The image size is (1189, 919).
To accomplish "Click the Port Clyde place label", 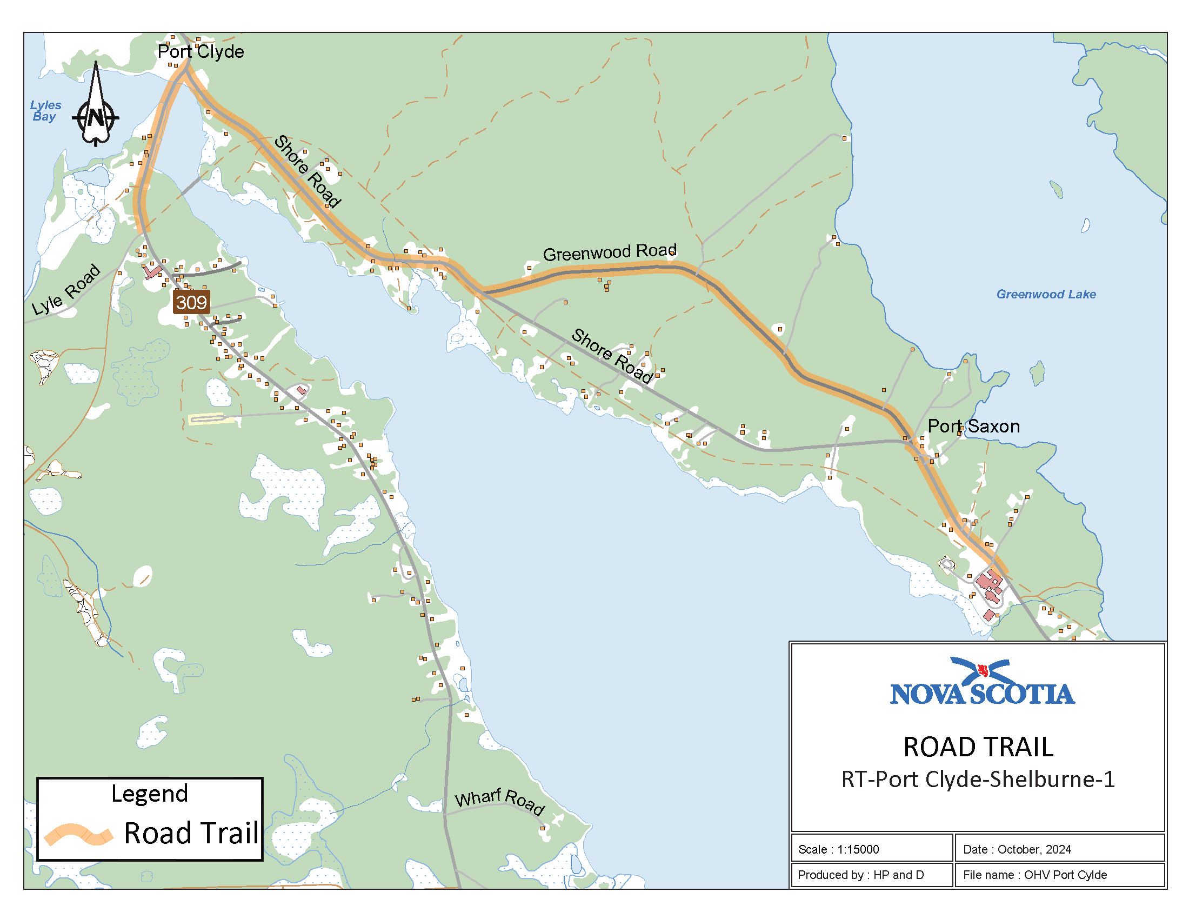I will click(x=201, y=52).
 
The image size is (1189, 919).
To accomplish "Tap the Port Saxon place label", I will click(x=973, y=427).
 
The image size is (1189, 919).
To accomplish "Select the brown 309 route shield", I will click(x=191, y=302).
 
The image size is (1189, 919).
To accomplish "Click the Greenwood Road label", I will click(x=610, y=252).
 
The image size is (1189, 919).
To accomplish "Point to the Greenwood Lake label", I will click(x=1046, y=295).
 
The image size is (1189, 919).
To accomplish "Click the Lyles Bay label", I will click(x=45, y=110).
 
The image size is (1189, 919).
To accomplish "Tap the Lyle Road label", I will click(x=66, y=290).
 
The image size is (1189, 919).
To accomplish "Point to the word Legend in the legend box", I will click(x=150, y=794).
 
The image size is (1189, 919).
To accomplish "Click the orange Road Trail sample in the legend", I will click(x=78, y=834).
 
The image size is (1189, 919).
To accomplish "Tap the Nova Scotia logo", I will click(x=982, y=683).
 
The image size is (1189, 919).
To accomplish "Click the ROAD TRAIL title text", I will click(x=978, y=747).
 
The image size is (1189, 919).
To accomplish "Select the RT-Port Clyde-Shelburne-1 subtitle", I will click(x=978, y=780).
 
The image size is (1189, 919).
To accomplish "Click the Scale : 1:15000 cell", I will click(x=871, y=849).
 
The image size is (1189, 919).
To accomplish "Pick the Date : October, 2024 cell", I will click(x=1059, y=849).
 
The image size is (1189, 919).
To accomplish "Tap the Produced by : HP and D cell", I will click(x=871, y=875).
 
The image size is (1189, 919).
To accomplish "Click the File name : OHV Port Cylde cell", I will click(x=1059, y=875).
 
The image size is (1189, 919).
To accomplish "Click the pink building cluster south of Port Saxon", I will click(x=989, y=587).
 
